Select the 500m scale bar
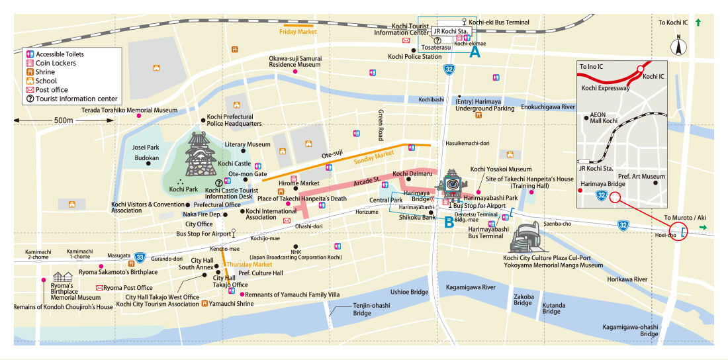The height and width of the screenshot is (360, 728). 64,120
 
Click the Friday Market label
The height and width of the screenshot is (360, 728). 298,31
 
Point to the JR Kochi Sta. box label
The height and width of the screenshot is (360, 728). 450,31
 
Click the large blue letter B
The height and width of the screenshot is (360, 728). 449,224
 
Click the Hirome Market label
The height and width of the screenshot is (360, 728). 299,183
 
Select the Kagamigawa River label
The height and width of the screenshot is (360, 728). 471,287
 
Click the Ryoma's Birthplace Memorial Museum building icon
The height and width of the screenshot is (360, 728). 62,276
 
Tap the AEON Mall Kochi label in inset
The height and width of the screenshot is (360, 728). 602,118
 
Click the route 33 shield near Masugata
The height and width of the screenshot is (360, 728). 139,257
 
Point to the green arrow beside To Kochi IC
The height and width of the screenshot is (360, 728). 698,22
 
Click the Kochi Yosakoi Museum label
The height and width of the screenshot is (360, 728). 500,169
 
